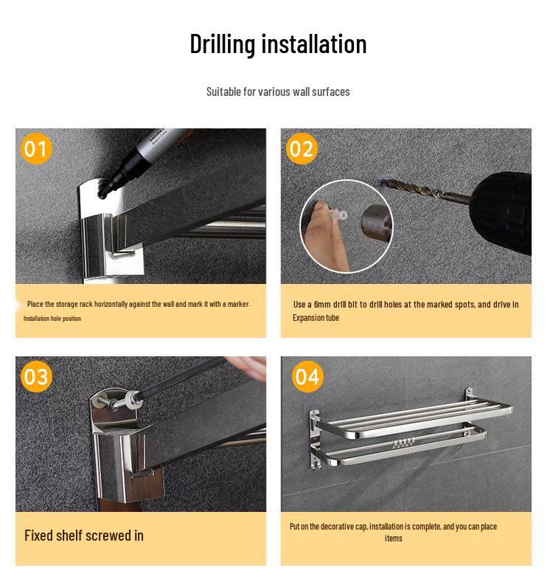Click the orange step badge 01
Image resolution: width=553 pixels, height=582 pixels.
point(36,148)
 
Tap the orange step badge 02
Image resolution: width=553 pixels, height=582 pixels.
point(302,148)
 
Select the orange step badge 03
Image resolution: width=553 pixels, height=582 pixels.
point(36,376)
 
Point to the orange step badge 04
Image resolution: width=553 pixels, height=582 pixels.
point(307,376)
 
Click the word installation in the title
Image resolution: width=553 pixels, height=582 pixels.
point(314,44)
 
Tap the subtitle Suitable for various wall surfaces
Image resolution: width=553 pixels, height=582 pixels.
point(278,91)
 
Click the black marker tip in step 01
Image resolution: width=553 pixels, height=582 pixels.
point(103,193)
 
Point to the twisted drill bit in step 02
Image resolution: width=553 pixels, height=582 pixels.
point(426,192)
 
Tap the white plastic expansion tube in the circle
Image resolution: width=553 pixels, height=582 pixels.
point(338,215)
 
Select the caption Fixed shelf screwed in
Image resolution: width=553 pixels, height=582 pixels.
point(84,536)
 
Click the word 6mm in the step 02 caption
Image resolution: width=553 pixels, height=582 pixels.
point(321,305)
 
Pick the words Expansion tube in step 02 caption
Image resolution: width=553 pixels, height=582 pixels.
point(316,318)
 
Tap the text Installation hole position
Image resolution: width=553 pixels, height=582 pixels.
point(52,319)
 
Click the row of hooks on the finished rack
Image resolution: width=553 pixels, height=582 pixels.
point(403,443)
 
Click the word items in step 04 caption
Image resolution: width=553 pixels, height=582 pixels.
point(394,538)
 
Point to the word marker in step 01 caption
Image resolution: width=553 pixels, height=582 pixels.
point(238,304)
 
